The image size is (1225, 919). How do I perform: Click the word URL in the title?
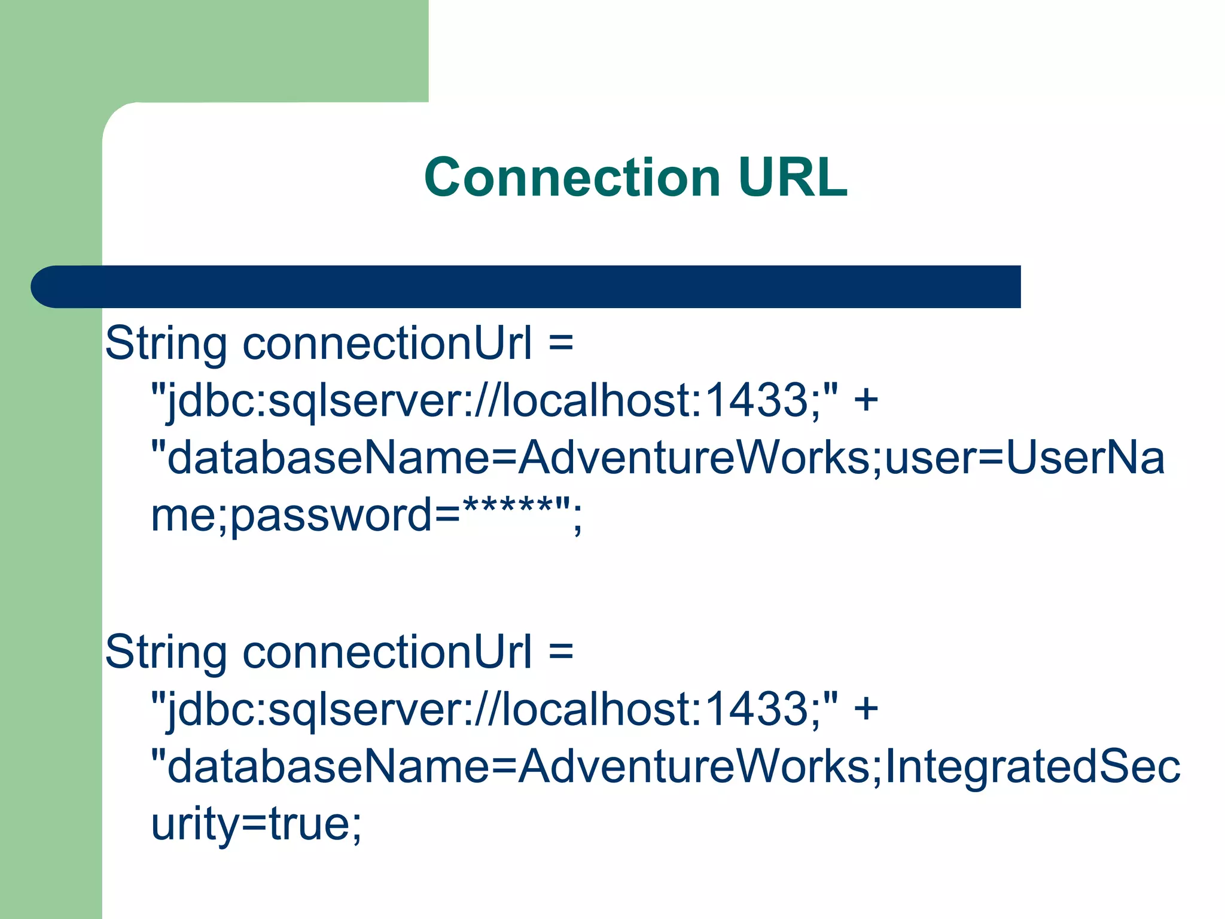793,177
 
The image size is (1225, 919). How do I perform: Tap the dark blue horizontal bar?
538,287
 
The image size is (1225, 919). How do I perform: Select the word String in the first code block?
166,345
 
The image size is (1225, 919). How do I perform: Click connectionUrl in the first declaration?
387,345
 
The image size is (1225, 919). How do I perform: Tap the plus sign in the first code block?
866,400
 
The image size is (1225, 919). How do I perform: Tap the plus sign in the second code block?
866,708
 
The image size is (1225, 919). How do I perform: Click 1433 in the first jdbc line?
757,400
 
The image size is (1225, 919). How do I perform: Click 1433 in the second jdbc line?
757,708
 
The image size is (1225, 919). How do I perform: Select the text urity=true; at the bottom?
256,824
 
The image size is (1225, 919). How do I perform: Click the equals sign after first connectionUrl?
560,345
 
